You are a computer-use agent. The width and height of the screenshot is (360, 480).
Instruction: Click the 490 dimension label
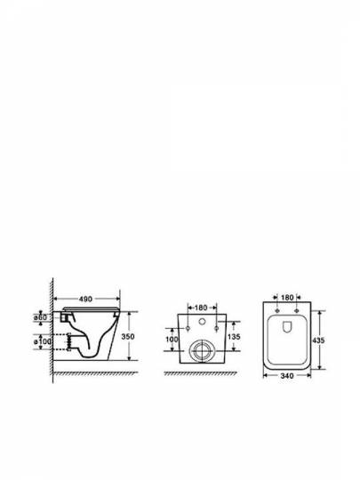click(x=85, y=299)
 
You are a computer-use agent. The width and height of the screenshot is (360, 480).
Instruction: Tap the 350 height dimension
click(x=128, y=336)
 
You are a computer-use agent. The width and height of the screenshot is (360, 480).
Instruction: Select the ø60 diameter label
click(x=40, y=317)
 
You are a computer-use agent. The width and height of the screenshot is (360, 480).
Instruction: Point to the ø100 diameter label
click(x=43, y=341)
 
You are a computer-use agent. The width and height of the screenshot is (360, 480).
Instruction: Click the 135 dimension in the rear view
click(x=234, y=337)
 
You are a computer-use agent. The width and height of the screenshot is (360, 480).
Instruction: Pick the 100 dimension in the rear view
click(x=172, y=340)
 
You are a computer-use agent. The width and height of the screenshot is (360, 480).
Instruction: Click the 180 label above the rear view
click(x=201, y=308)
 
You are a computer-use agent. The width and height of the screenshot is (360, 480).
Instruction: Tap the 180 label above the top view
click(x=287, y=297)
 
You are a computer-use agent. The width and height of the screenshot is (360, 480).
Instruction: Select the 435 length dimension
click(x=318, y=340)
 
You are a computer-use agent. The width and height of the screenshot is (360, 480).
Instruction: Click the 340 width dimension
click(x=287, y=376)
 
